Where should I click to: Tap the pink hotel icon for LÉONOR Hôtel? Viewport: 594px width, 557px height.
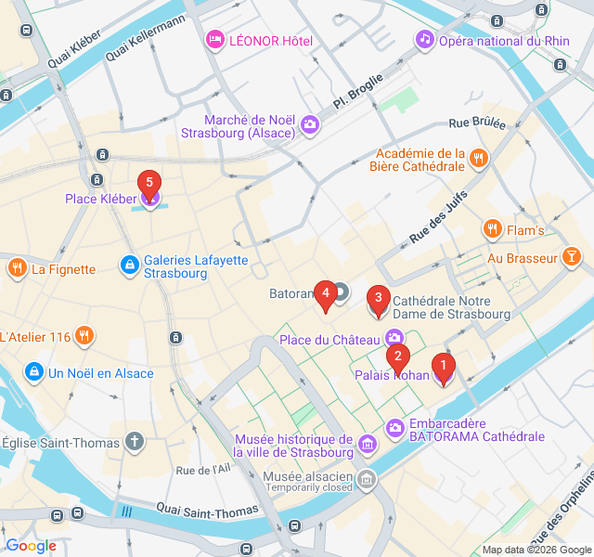214,40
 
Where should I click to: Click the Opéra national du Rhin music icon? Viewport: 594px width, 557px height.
424,39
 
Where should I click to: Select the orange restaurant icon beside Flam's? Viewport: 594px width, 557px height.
492,229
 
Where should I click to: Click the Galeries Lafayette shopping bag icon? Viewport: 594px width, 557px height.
130,266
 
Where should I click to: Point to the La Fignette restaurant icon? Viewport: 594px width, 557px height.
17,269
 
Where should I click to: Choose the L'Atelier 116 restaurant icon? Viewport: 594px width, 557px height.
84,335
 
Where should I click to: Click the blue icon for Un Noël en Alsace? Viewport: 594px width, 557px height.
34,371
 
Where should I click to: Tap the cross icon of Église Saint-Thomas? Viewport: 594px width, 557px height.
136,441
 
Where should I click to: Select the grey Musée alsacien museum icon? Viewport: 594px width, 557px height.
368,479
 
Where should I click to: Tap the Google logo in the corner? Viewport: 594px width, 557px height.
31,546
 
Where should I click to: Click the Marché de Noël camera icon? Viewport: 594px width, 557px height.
310,124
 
